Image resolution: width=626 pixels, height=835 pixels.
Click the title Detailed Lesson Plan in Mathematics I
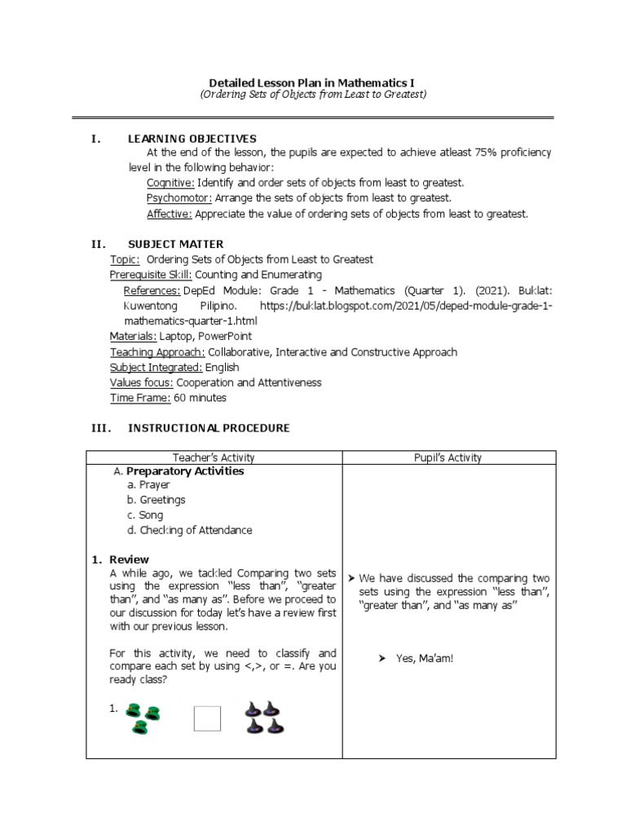[313, 83]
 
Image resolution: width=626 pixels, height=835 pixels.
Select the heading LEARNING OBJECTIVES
[192, 139]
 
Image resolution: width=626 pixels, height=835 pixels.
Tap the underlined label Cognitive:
[170, 183]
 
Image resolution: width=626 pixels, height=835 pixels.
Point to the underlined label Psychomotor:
[179, 198]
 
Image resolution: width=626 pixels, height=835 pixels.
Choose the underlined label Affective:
[170, 214]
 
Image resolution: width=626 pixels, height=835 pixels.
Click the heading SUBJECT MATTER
[176, 244]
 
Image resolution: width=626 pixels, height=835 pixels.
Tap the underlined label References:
[152, 290]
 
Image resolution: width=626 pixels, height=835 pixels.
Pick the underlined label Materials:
[133, 336]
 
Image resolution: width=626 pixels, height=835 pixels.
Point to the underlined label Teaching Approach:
[157, 352]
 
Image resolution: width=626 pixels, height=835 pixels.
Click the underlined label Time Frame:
[140, 398]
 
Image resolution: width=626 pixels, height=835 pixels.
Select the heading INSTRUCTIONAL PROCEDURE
[209, 428]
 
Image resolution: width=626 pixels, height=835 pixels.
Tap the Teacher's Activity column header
[214, 458]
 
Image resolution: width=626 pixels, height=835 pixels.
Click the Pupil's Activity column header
[448, 458]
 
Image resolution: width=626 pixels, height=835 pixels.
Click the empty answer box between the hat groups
[207, 718]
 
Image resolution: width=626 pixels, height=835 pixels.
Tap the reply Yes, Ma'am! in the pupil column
[424, 658]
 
